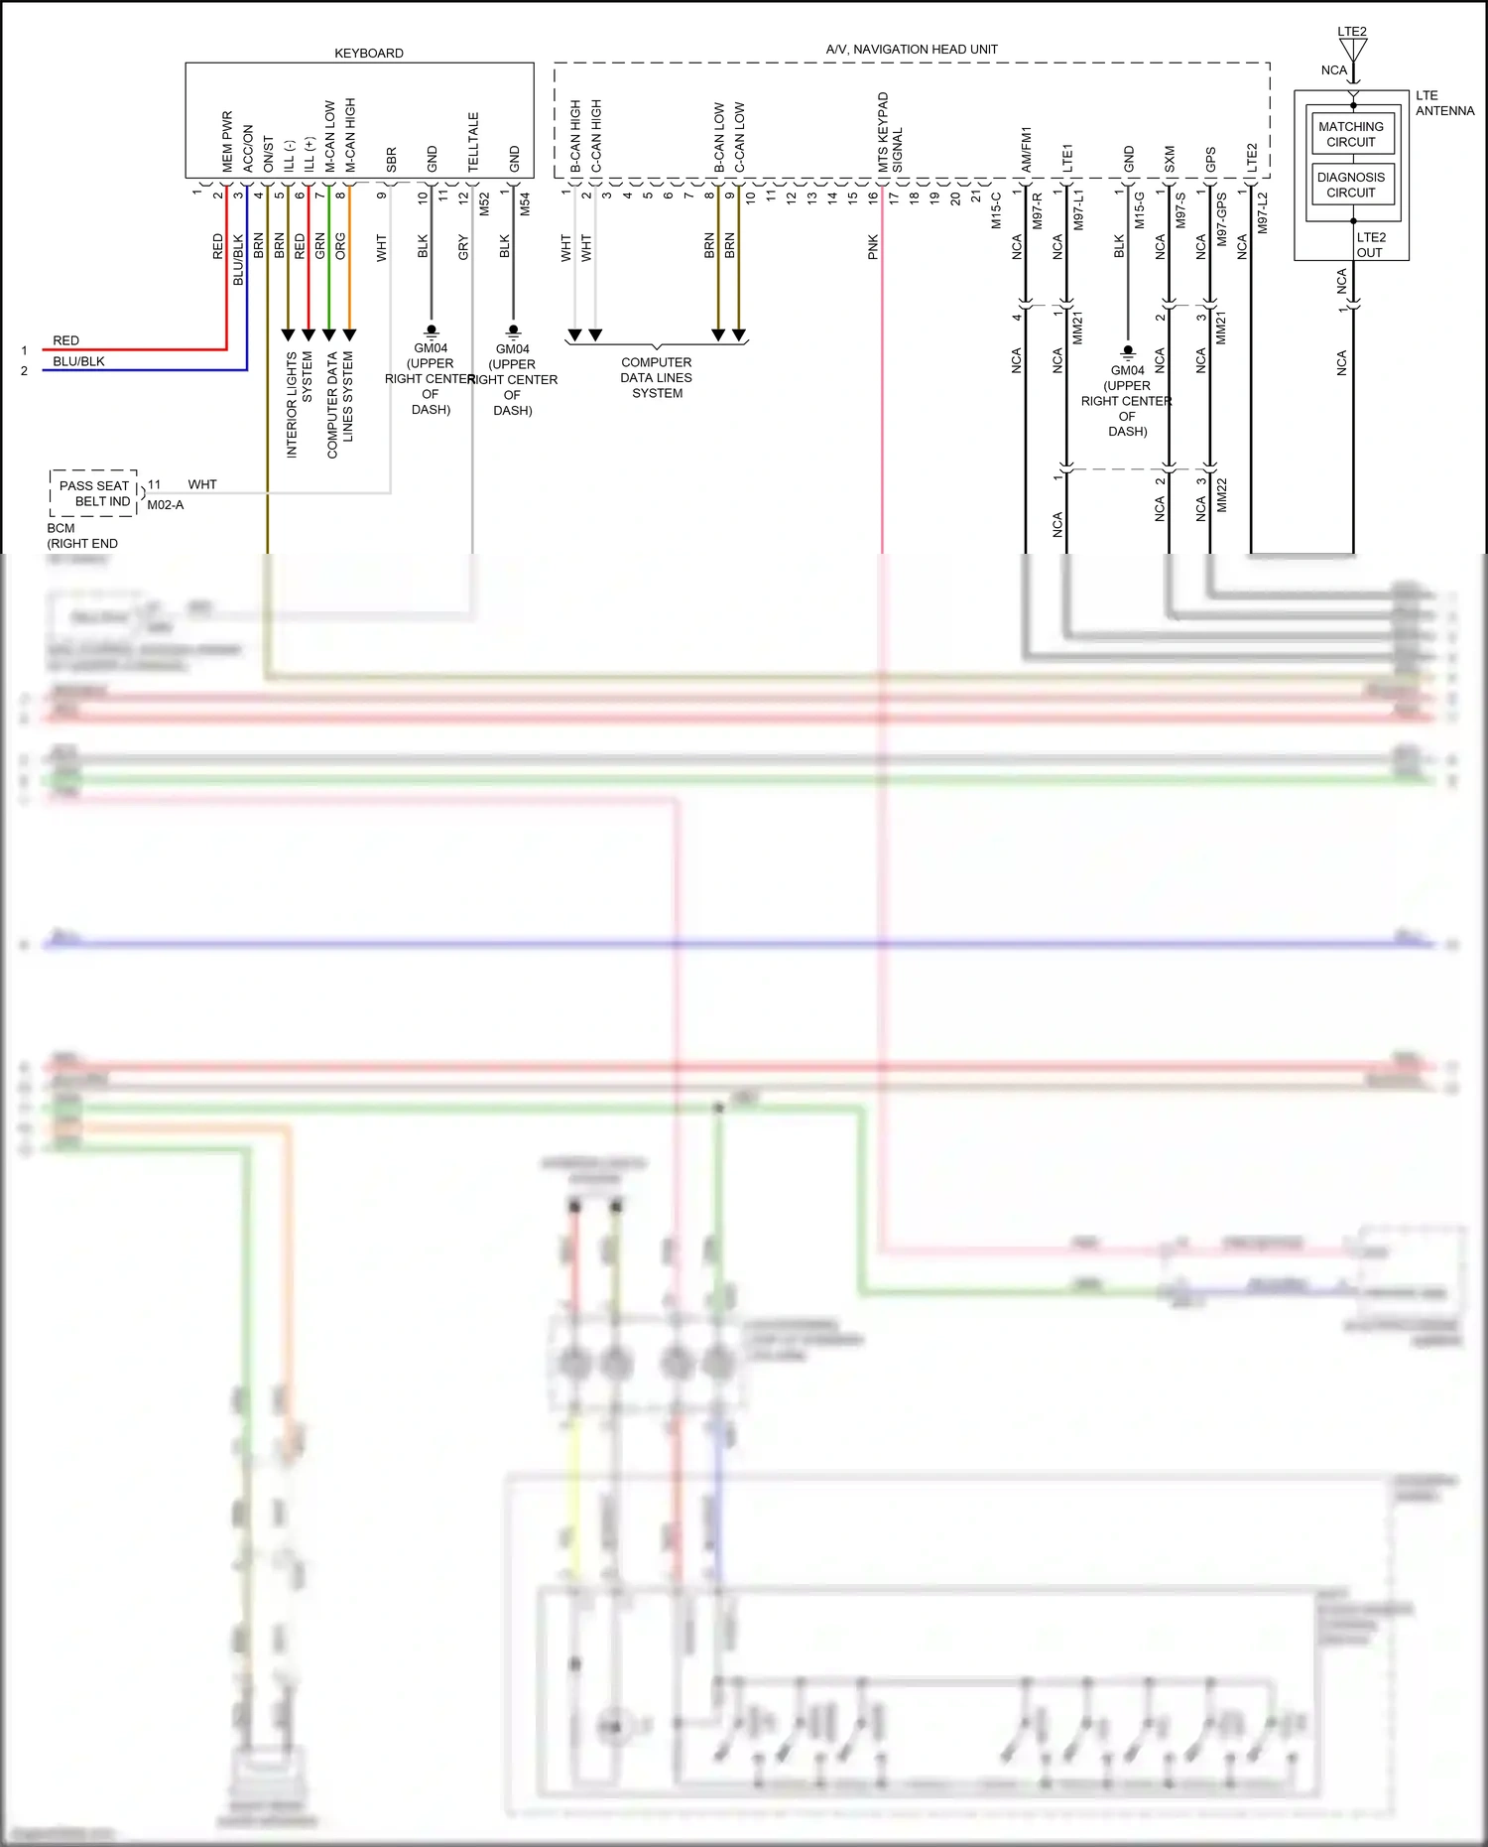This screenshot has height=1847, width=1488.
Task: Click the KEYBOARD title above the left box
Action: pos(368,54)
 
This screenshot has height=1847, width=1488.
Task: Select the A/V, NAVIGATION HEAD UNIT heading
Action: pos(911,50)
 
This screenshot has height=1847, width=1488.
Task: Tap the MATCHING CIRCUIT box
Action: pos(1350,134)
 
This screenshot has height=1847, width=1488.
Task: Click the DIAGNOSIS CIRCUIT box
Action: pos(1350,185)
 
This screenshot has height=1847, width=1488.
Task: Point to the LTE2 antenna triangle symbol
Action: pos(1353,49)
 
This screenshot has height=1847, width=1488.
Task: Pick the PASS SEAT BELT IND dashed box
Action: pos(94,493)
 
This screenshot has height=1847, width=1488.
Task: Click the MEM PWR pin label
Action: pos(227,141)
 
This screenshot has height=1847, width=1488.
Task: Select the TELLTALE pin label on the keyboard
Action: pos(473,141)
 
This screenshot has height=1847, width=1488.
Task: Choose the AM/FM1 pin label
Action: pos(1026,149)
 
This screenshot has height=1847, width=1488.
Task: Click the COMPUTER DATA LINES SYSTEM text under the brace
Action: pos(657,378)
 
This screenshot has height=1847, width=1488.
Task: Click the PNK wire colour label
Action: pos(873,247)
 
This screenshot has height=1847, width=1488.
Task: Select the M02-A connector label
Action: pos(166,505)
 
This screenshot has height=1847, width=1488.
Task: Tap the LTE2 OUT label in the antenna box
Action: pos(1370,245)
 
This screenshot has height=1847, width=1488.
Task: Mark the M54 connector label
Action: pos(525,204)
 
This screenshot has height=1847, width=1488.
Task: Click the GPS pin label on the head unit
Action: pos(1210,159)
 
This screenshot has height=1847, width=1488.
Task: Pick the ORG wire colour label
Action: pos(340,246)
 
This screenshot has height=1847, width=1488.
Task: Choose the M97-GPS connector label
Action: pos(1221,219)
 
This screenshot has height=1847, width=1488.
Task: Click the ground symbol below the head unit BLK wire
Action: pos(1128,351)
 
